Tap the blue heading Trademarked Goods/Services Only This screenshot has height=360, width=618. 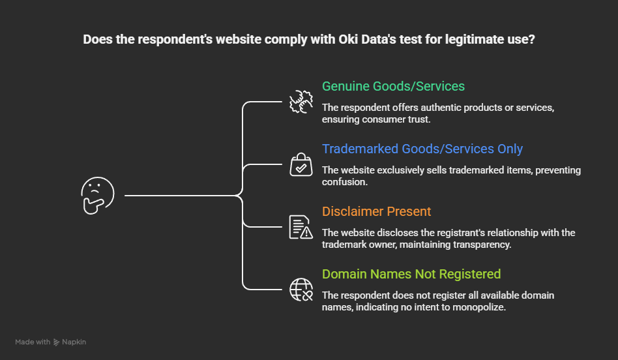[x=422, y=149]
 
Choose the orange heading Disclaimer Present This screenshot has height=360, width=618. [x=377, y=211]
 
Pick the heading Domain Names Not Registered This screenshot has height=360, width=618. [x=411, y=274]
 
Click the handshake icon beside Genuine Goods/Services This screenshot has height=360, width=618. [x=301, y=102]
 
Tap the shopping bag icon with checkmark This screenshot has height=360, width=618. [x=301, y=165]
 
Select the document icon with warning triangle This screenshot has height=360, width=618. [x=301, y=228]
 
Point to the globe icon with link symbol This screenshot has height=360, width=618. [x=301, y=290]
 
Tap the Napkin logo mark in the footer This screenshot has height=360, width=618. [x=57, y=342]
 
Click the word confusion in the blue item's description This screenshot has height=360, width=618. [x=345, y=181]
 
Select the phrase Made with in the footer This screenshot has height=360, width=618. [x=33, y=342]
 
